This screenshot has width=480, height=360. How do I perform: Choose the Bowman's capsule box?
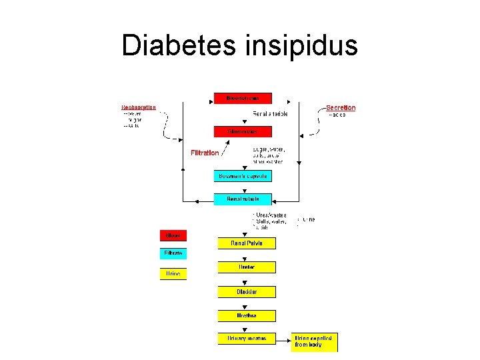pos(243,176)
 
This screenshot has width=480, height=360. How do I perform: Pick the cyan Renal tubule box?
pos(243,199)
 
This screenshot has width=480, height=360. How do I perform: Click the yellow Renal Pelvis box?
pos(247,243)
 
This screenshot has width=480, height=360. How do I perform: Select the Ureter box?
pos(247,267)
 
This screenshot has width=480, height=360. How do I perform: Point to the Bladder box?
pos(247,292)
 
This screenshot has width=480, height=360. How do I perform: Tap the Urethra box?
pos(247,315)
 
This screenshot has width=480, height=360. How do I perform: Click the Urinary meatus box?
pos(247,339)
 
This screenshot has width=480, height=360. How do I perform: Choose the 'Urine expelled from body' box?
pos(315,342)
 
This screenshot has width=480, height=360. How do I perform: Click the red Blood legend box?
pos(173,235)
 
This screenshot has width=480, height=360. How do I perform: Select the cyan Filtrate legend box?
pos(173,253)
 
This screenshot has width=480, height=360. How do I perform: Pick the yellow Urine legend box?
pos(173,273)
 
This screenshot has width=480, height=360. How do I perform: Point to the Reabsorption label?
pos(139,107)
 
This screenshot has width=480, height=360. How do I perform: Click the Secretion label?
pos(341,108)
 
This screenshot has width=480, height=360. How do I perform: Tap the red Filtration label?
pos(205,153)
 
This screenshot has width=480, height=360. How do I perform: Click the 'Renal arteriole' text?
pos(271,114)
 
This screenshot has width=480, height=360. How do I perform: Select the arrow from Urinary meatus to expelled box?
pos(283,339)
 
